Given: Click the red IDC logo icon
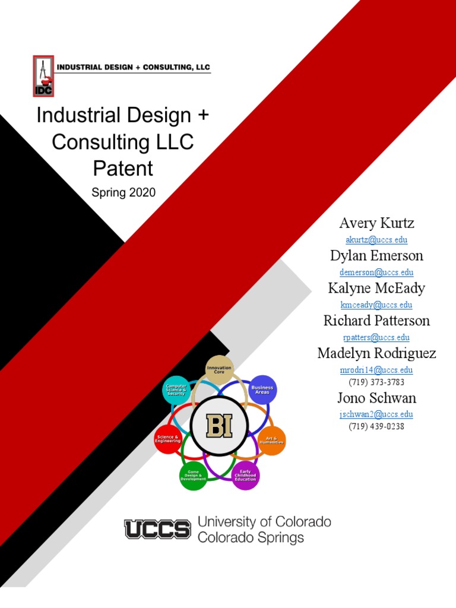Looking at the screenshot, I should coord(43,75).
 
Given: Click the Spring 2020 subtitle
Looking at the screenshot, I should coord(123,192).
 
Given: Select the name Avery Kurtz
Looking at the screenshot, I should coord(376,224).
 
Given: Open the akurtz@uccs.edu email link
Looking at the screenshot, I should coord(376,240).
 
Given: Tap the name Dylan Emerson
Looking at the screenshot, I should coord(376,256).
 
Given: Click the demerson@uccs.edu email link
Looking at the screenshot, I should coord(376,273).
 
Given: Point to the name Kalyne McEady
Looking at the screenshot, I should coord(376,289).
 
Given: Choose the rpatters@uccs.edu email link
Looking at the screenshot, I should coord(376,338).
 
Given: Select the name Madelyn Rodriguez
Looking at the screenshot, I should coord(376,354).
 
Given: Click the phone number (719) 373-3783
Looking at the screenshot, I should coord(376,382).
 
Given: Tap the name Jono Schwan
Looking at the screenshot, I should coord(376,398).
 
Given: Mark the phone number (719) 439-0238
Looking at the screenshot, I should coord(376,427).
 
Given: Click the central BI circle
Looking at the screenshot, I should coord(220,426).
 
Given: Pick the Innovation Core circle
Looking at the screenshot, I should coord(219,369).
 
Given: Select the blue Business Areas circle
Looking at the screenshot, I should coord(262,389).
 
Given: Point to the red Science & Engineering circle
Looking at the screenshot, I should coord(167,440).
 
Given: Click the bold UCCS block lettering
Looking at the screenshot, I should coord(157,529).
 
